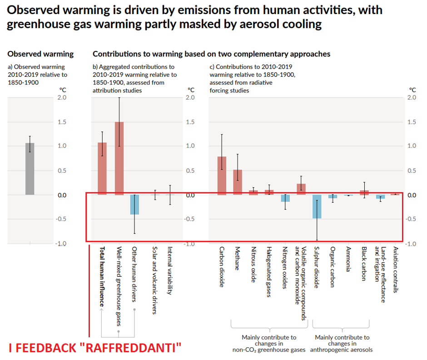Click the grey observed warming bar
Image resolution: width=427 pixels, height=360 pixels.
click(30, 169)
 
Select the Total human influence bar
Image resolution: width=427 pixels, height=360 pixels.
click(102, 169)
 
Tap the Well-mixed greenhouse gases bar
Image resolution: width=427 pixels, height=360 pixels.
click(119, 158)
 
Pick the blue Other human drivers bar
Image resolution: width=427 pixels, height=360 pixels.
click(134, 205)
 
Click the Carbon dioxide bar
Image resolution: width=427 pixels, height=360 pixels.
click(222, 176)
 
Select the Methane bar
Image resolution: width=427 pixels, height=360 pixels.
click(238, 182)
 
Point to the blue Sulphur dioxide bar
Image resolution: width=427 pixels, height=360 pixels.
click(317, 206)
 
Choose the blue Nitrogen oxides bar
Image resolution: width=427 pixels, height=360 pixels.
click(285, 198)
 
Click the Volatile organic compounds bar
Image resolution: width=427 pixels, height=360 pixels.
click(301, 189)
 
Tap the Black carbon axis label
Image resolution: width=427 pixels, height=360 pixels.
click(364, 264)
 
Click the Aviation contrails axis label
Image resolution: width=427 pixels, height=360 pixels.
click(396, 270)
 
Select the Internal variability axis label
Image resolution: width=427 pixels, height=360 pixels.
click(169, 270)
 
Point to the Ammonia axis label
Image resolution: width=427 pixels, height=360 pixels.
click(348, 259)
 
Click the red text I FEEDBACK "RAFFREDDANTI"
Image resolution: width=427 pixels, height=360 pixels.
click(95, 348)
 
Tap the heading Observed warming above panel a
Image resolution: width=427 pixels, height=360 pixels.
click(40, 54)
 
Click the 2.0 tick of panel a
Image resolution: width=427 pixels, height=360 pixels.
click(62, 97)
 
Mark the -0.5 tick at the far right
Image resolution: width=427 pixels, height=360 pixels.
click(411, 219)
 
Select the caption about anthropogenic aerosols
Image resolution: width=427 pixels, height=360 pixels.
click(342, 343)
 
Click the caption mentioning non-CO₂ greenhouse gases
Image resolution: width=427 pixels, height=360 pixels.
click(269, 343)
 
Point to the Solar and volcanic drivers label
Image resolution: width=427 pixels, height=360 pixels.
click(154, 280)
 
